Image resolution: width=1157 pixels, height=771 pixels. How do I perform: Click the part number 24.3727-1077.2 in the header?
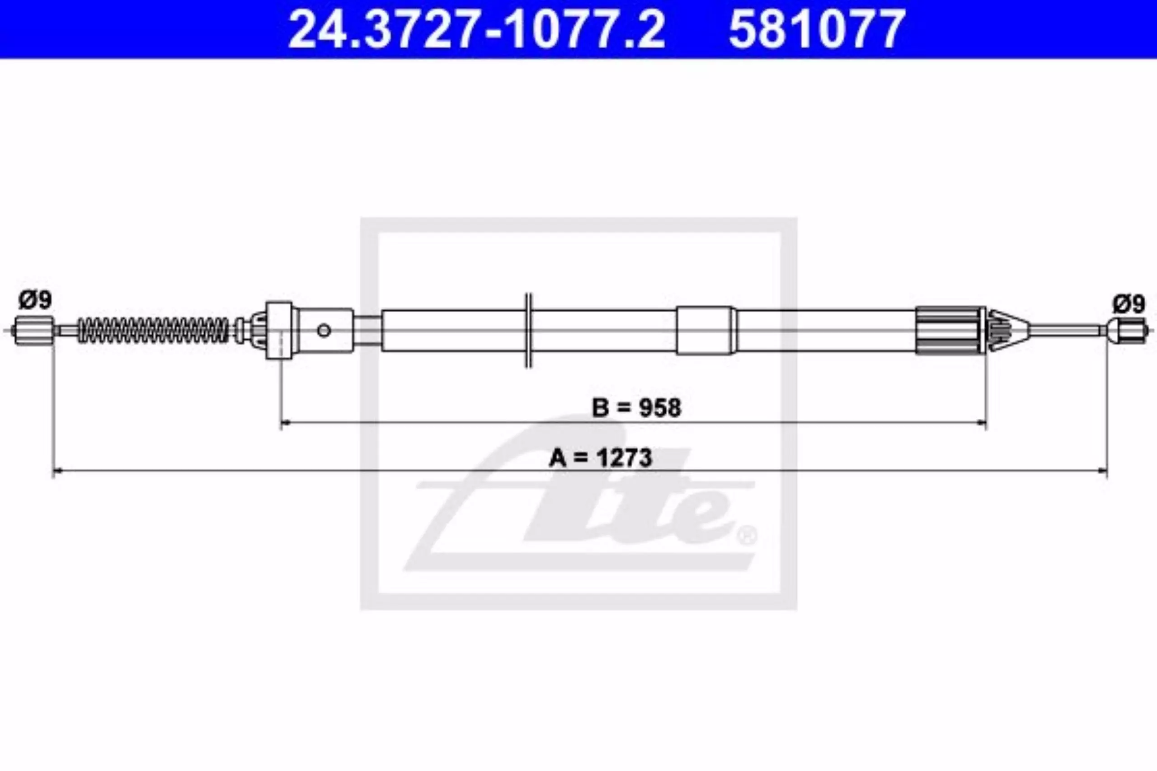[477, 29]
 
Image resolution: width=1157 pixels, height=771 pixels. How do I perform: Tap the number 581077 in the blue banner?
[817, 29]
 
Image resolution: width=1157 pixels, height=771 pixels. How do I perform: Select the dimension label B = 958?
[636, 407]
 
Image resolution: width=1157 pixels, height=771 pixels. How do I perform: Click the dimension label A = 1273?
[600, 457]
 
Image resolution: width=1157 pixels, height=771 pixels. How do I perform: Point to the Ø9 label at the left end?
[35, 300]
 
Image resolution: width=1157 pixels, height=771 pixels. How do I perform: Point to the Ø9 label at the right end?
[1129, 304]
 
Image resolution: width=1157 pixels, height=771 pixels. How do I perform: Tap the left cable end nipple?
[33, 331]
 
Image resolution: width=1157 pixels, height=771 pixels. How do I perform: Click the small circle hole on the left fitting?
[324, 331]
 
